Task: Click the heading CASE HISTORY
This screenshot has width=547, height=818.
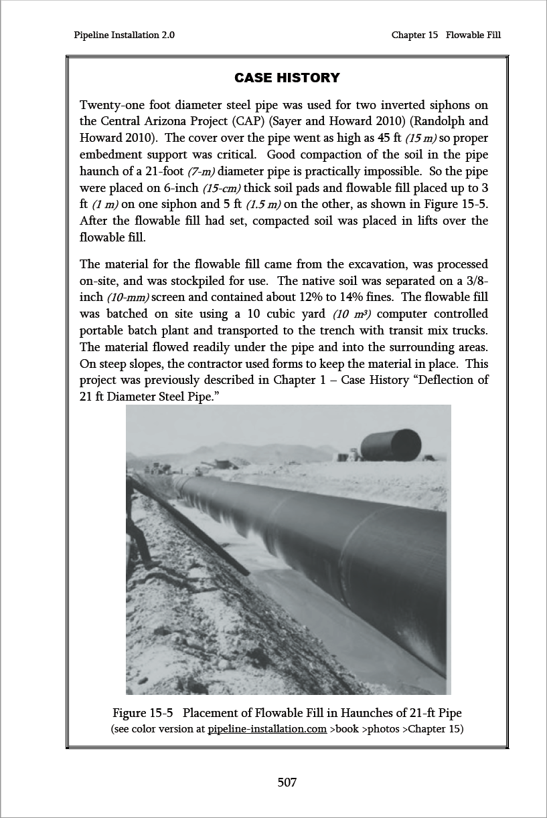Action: coord(287,78)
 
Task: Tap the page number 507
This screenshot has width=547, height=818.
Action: coord(287,782)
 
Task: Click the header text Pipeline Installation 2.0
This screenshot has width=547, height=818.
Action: coord(125,35)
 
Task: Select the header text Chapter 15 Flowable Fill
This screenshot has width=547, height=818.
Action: coord(446,35)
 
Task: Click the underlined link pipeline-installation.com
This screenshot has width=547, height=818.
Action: coord(267,728)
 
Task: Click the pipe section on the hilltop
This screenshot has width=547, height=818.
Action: coord(390,445)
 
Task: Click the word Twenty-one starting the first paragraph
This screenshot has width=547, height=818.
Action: coord(110,105)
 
